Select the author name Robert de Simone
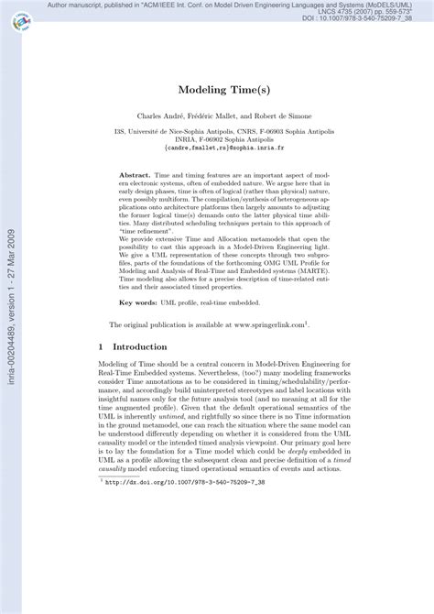pyautogui.click(x=284, y=116)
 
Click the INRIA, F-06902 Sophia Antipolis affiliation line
pyautogui.click(x=225, y=137)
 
